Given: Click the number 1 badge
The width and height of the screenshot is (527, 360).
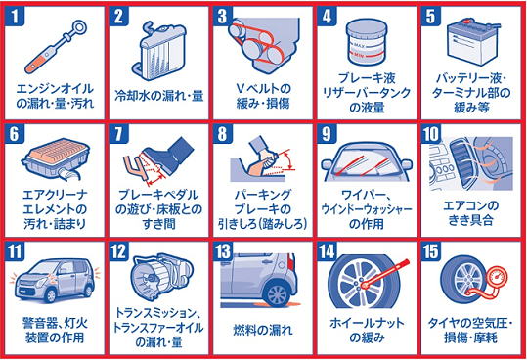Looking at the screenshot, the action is [x=15, y=16].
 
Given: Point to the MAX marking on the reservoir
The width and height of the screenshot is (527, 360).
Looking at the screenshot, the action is [x=360, y=44].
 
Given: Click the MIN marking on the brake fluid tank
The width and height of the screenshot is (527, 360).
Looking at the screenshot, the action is [x=359, y=55].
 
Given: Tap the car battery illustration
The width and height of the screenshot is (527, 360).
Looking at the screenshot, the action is [x=473, y=44].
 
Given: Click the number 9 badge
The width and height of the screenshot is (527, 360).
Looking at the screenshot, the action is [x=327, y=134].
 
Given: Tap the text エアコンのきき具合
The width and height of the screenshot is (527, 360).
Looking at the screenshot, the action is [x=470, y=213].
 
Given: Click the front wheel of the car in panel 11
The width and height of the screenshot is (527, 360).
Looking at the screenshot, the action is [x=51, y=295].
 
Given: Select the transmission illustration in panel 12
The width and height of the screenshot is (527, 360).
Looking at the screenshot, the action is [x=162, y=276].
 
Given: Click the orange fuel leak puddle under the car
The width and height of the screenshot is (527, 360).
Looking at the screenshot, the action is [x=278, y=304].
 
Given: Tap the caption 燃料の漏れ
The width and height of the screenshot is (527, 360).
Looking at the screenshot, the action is [x=263, y=330].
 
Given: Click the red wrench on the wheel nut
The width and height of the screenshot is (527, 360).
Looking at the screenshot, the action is [x=385, y=273].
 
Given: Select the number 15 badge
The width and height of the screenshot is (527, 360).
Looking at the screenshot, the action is [x=430, y=251].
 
